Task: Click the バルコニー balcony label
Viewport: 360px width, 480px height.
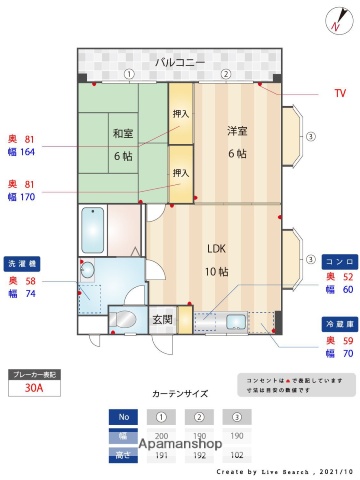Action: (180, 62)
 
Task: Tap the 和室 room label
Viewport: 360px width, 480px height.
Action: (123, 132)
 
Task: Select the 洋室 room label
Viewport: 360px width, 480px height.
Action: (237, 130)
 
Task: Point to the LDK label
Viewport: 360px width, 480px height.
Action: (217, 248)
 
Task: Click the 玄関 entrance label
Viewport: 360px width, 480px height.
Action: (162, 320)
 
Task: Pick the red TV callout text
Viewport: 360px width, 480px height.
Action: (339, 93)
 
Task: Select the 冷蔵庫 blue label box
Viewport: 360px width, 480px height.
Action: (335, 325)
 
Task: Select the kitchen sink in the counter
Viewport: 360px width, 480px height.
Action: (235, 321)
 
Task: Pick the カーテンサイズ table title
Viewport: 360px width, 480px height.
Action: (179, 394)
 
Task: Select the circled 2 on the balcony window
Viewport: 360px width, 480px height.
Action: (226, 74)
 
